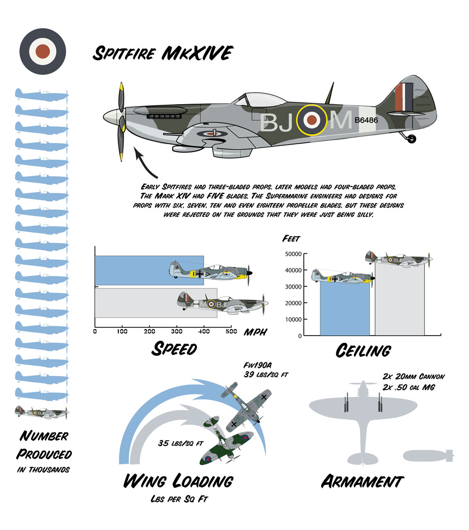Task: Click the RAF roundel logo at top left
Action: coord(43,51)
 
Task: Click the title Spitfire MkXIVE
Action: coord(161,53)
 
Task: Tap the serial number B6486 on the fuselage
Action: coord(366,120)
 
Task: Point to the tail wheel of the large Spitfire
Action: coord(412,138)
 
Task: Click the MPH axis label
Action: coord(255,332)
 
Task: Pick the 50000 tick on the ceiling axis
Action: coord(293,254)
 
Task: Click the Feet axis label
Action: coord(291,238)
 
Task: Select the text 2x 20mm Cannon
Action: coord(413,376)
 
